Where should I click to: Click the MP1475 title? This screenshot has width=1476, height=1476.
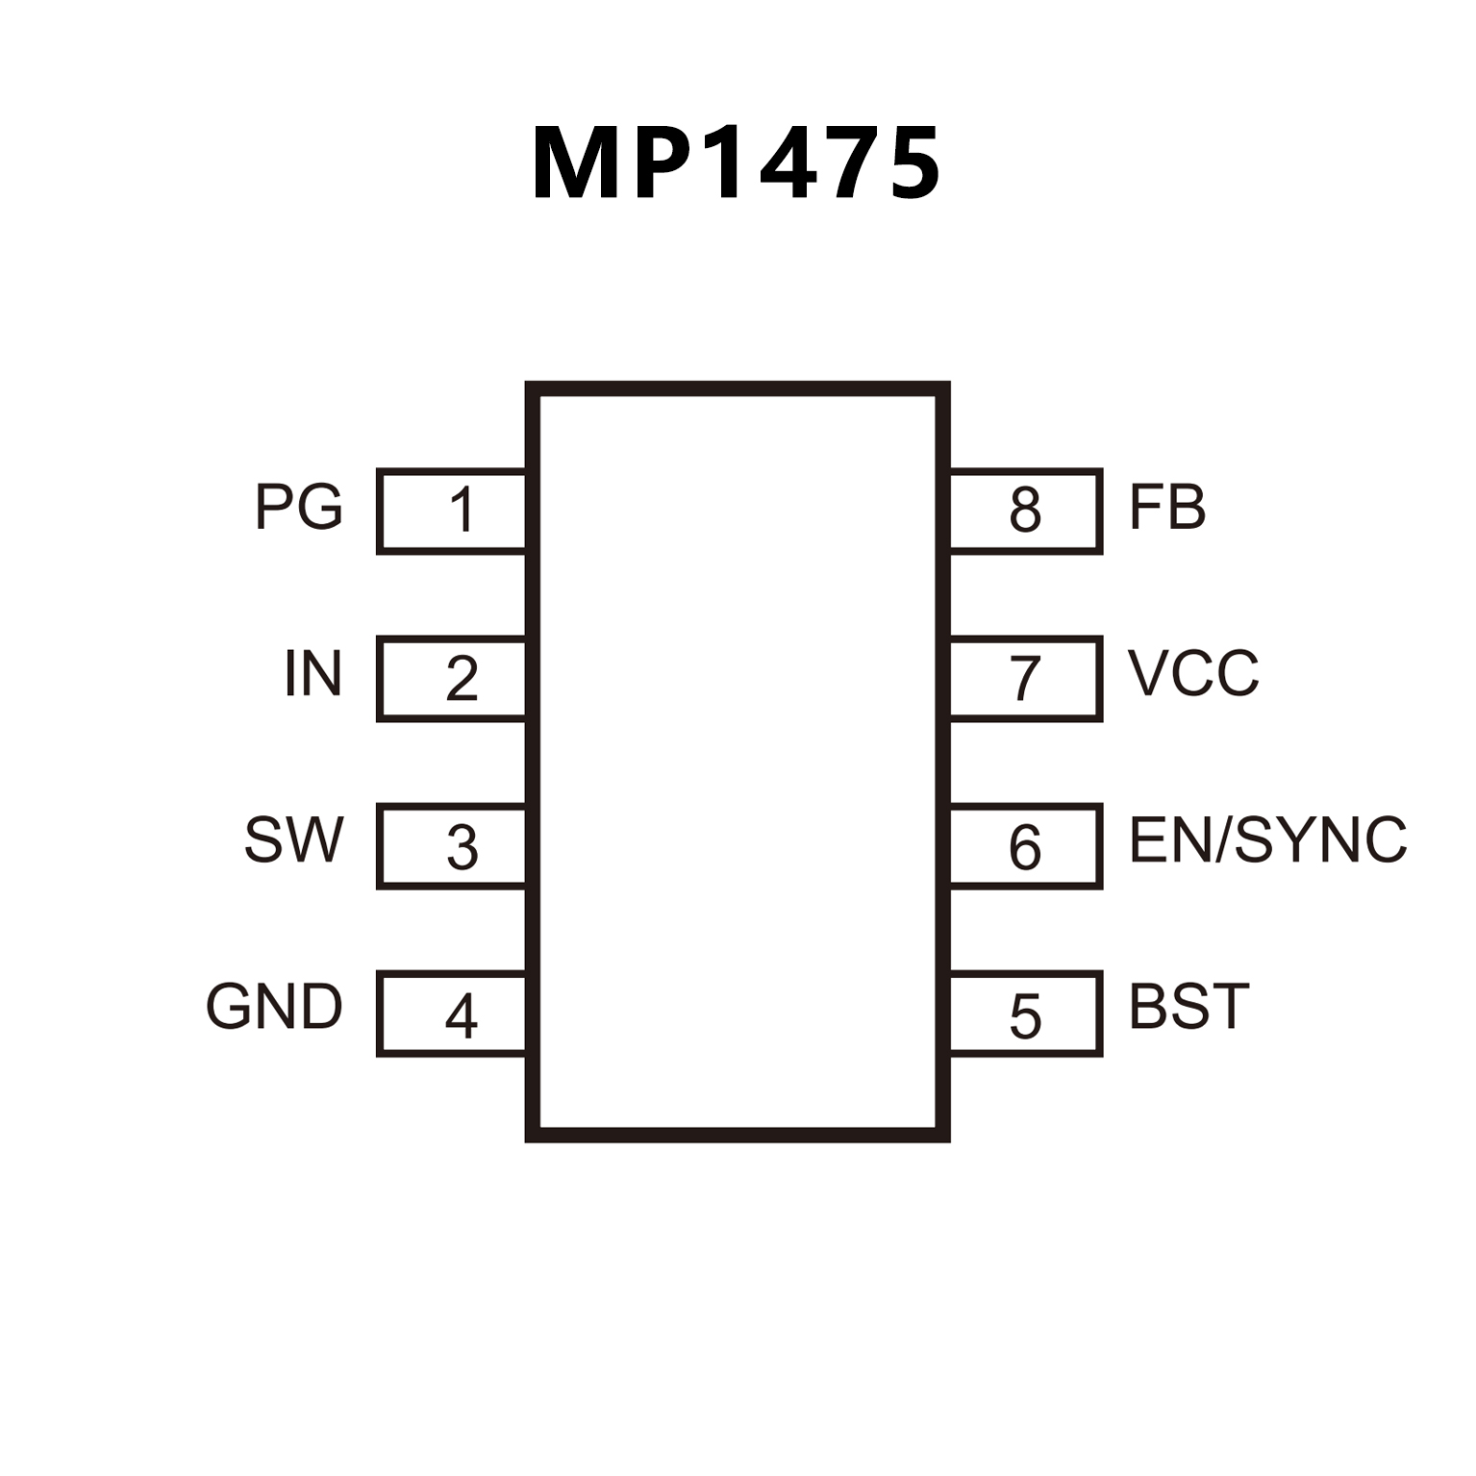(737, 164)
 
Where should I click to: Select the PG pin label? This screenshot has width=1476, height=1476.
(299, 507)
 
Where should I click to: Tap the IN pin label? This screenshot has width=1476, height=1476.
(313, 674)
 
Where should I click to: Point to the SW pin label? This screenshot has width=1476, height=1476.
(294, 840)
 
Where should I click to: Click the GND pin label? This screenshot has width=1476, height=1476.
(275, 1007)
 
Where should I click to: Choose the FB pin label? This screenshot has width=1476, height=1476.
(1167, 508)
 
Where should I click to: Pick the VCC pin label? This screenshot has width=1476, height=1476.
(1193, 673)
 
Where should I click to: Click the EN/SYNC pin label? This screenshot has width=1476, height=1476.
(1268, 840)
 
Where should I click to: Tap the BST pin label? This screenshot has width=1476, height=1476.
(1189, 1007)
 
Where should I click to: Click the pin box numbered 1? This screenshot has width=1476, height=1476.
(452, 511)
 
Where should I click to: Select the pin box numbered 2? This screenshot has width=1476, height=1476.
(452, 678)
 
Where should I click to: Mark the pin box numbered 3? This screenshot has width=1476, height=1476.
(452, 846)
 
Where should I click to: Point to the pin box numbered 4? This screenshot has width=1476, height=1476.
(452, 1014)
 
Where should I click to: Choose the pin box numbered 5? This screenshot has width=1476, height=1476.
(1025, 1014)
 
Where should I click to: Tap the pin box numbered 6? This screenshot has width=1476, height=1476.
(1025, 846)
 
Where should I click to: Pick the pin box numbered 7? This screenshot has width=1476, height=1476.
(1025, 678)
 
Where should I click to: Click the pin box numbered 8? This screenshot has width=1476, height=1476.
(1025, 511)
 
